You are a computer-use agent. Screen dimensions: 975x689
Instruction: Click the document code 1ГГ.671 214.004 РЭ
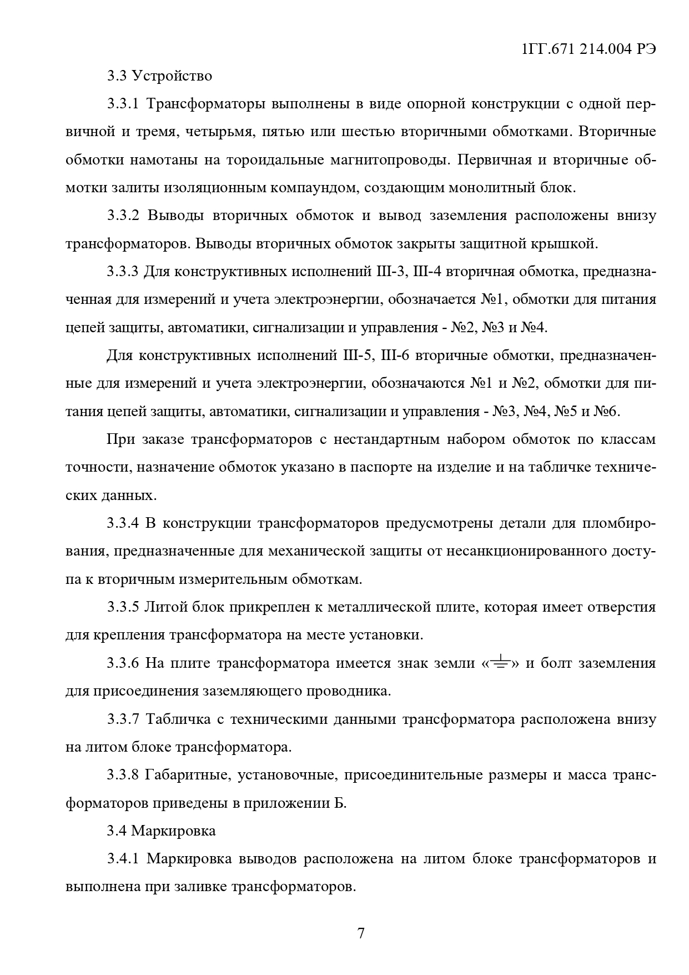pyautogui.click(x=589, y=49)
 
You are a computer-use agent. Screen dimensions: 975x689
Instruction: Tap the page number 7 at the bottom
pyautogui.click(x=361, y=933)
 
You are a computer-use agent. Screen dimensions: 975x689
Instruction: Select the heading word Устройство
pyautogui.click(x=172, y=76)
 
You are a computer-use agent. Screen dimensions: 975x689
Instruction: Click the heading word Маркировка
pyautogui.click(x=173, y=831)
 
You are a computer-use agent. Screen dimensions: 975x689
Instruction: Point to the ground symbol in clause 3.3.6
pyautogui.click(x=501, y=662)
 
